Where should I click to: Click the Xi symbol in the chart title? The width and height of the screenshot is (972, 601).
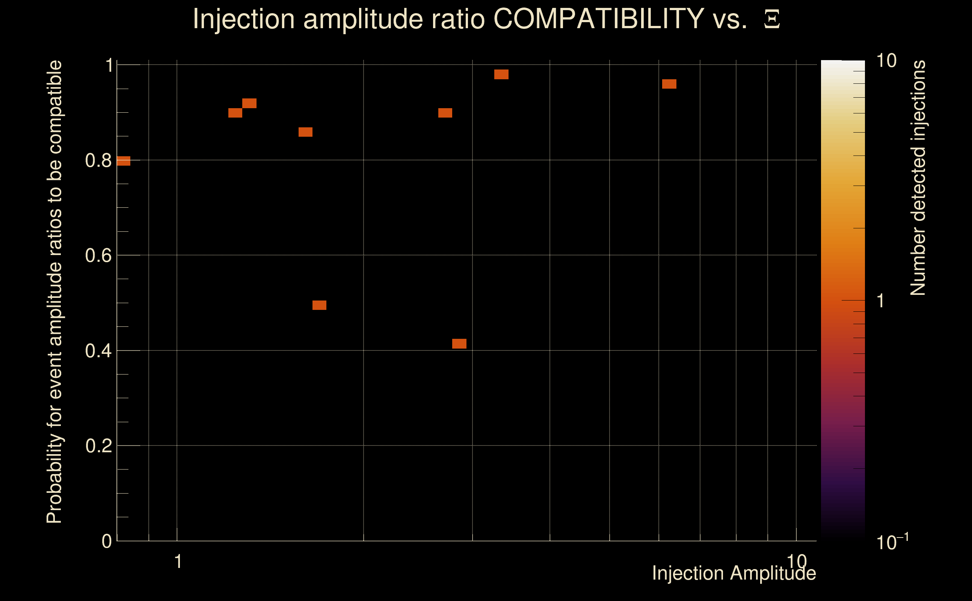(x=772, y=19)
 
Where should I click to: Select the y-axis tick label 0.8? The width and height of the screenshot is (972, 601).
(x=98, y=161)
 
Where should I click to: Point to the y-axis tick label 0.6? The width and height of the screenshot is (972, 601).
(x=98, y=255)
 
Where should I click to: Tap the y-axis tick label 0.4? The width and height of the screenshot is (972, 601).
(x=98, y=351)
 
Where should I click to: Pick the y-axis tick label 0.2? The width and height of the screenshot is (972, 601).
(x=98, y=446)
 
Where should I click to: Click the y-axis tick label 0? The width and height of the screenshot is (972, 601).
(x=107, y=541)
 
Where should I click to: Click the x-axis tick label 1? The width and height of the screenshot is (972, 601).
(x=178, y=562)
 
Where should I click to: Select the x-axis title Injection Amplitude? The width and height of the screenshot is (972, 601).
(x=734, y=573)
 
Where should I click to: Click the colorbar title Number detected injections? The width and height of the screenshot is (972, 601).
(x=918, y=178)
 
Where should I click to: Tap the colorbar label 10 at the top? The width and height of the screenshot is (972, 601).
(x=886, y=61)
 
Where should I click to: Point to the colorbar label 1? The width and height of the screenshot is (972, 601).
(x=881, y=301)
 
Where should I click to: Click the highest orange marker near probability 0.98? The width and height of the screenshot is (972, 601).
(x=501, y=74)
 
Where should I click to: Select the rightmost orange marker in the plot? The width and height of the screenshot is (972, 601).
(x=669, y=84)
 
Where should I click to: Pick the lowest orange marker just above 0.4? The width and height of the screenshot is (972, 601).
(x=459, y=344)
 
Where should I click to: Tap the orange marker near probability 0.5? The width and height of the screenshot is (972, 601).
(x=319, y=305)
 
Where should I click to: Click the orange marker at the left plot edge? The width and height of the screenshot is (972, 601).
(x=124, y=161)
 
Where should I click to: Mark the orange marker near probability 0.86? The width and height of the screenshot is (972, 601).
(x=305, y=132)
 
